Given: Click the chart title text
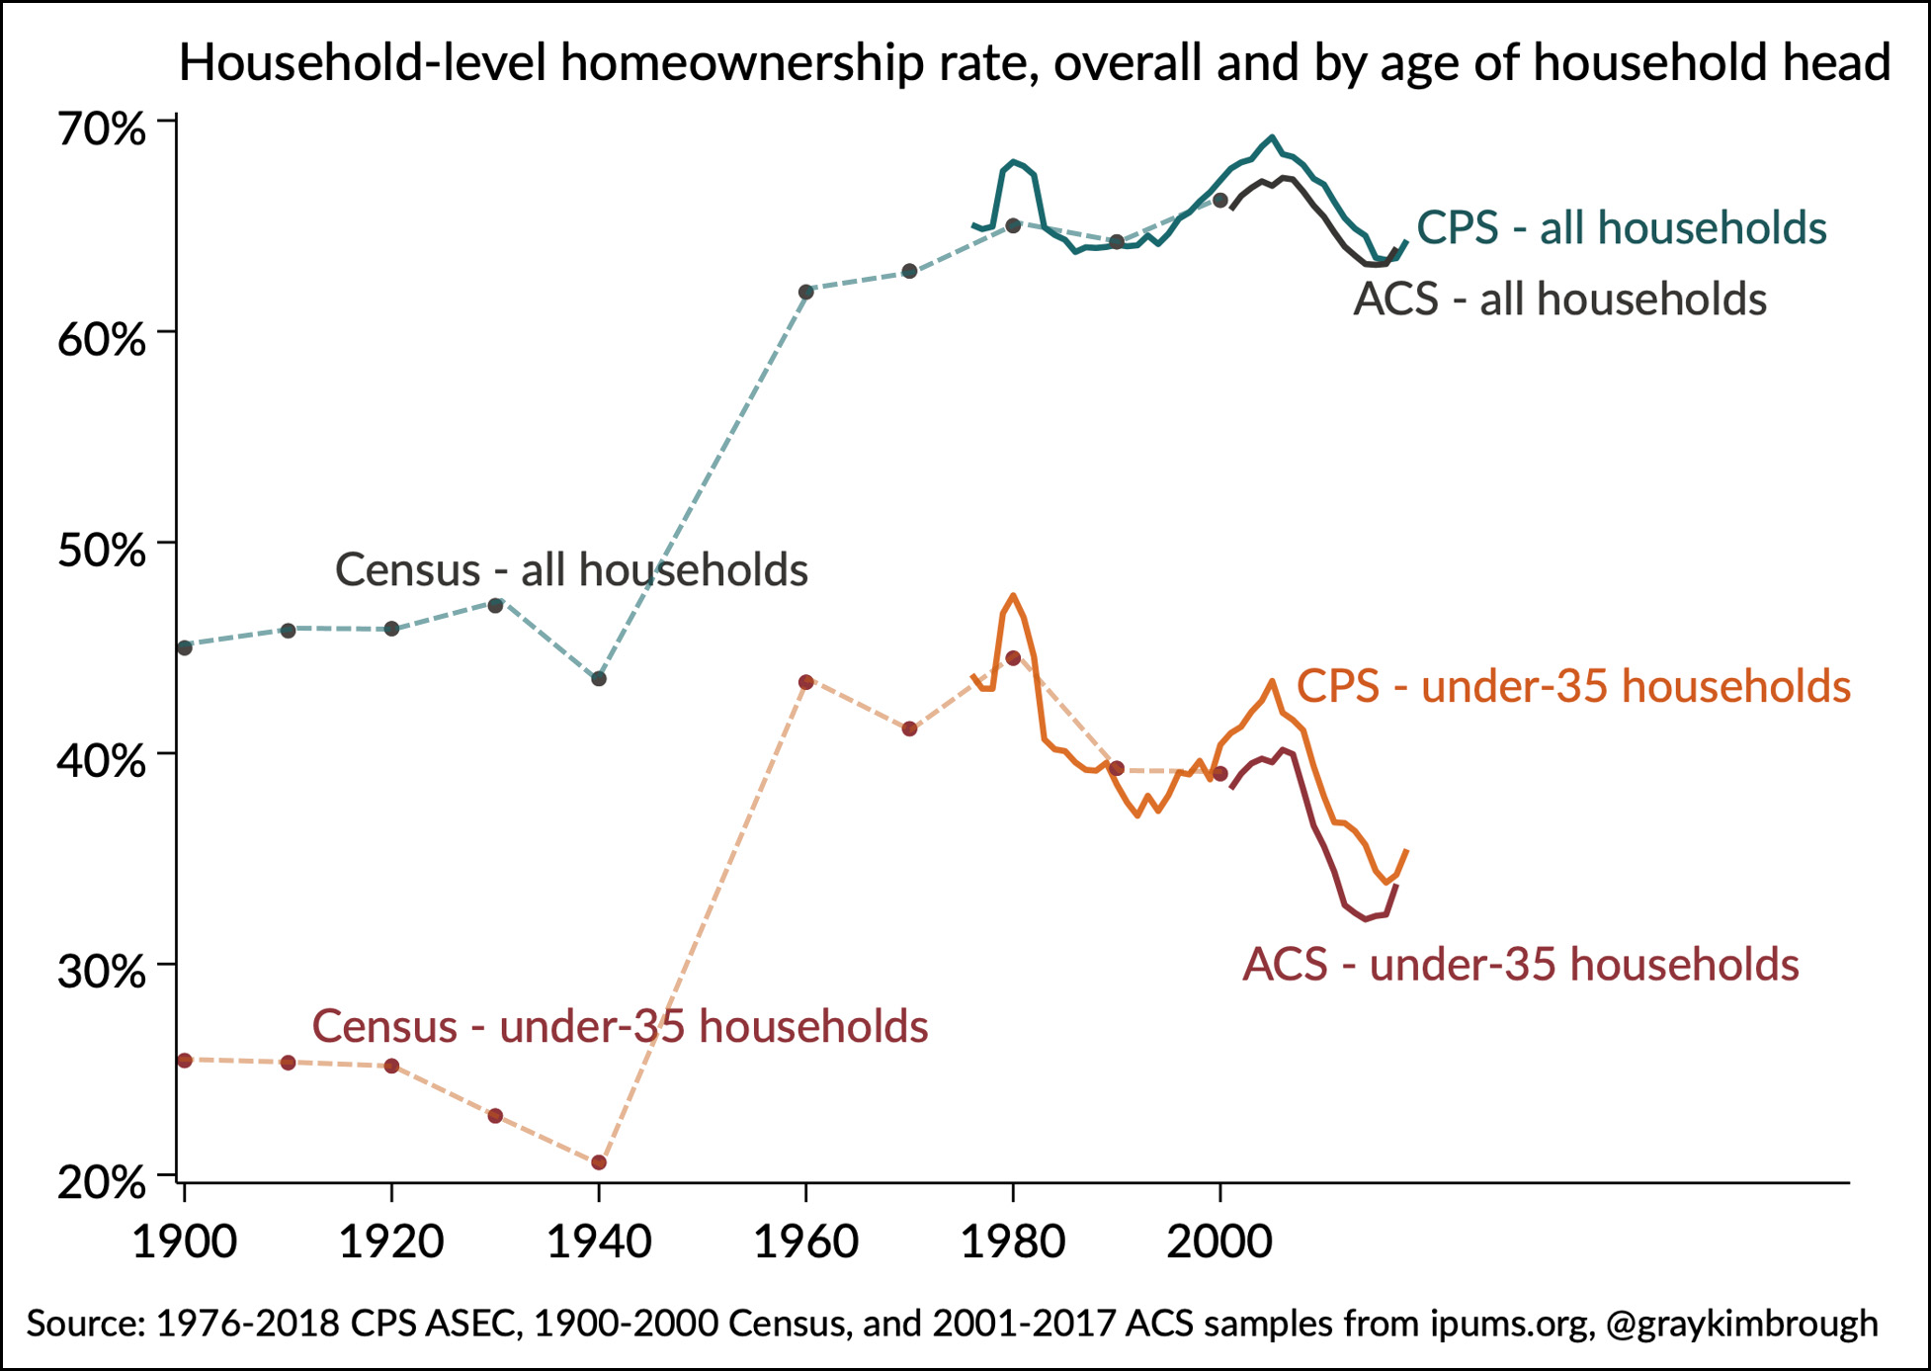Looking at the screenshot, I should pyautogui.click(x=1034, y=63).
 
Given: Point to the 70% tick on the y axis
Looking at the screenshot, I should pyautogui.click(x=102, y=129).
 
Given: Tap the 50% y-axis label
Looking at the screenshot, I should pyautogui.click(x=102, y=551).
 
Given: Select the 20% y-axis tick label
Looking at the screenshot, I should pyautogui.click(x=102, y=1182).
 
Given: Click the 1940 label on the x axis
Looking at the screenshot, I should pyautogui.click(x=599, y=1242).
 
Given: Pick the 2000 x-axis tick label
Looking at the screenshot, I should pyautogui.click(x=1219, y=1242).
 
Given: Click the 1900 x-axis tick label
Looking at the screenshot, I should pyautogui.click(x=185, y=1242).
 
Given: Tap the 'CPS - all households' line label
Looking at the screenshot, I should pyautogui.click(x=1621, y=228).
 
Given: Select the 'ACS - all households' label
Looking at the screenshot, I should pyautogui.click(x=1559, y=300).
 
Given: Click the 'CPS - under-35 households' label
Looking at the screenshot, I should pyautogui.click(x=1573, y=687).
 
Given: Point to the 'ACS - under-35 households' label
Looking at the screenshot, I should pyautogui.click(x=1520, y=965).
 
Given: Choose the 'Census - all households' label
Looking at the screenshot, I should pyautogui.click(x=571, y=570).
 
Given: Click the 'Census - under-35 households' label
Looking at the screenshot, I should pyautogui.click(x=620, y=1027).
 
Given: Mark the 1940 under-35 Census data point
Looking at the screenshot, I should pyautogui.click(x=599, y=1162).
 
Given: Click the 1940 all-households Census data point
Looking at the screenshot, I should pyautogui.click(x=599, y=679).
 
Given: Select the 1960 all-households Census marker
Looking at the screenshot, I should pyautogui.click(x=806, y=292).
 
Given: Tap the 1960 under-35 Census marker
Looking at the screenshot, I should pyautogui.click(x=806, y=682).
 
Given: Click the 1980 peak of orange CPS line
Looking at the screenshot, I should pyautogui.click(x=1013, y=596).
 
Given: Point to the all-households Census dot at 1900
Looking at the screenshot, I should pyautogui.click(x=185, y=647).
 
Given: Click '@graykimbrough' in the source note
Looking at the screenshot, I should pyautogui.click(x=1741, y=1324).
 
